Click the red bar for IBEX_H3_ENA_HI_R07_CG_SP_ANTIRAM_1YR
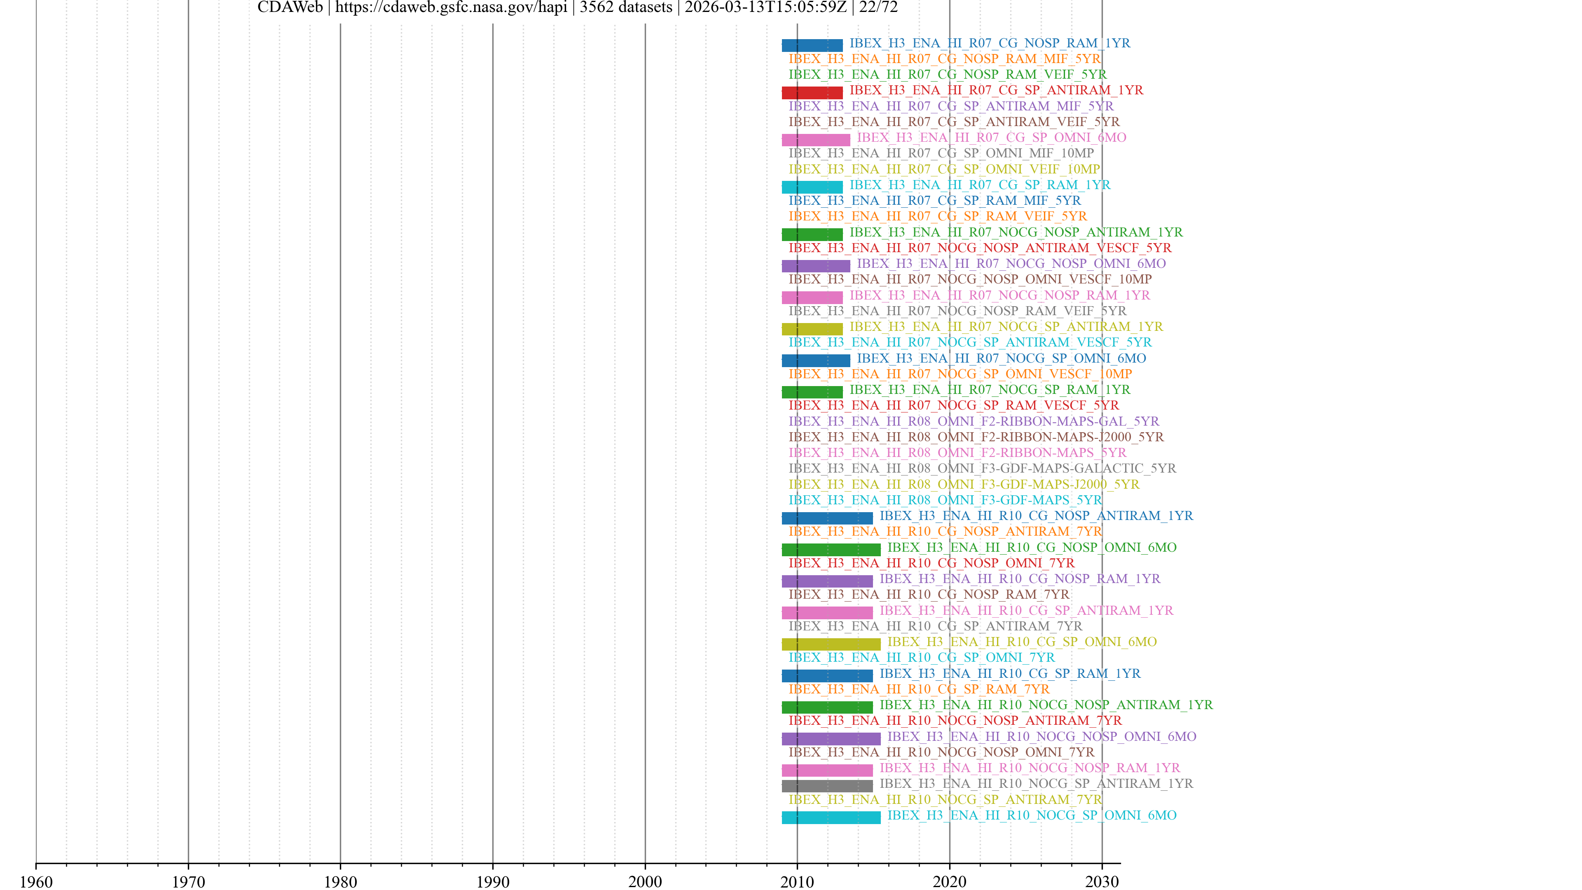812,93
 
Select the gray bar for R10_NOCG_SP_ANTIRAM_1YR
826,786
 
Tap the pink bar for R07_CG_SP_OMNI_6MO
816,140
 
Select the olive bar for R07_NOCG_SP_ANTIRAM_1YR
812,329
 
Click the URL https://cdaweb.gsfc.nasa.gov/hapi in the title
451,8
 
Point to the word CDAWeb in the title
290,8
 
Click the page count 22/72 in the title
878,8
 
